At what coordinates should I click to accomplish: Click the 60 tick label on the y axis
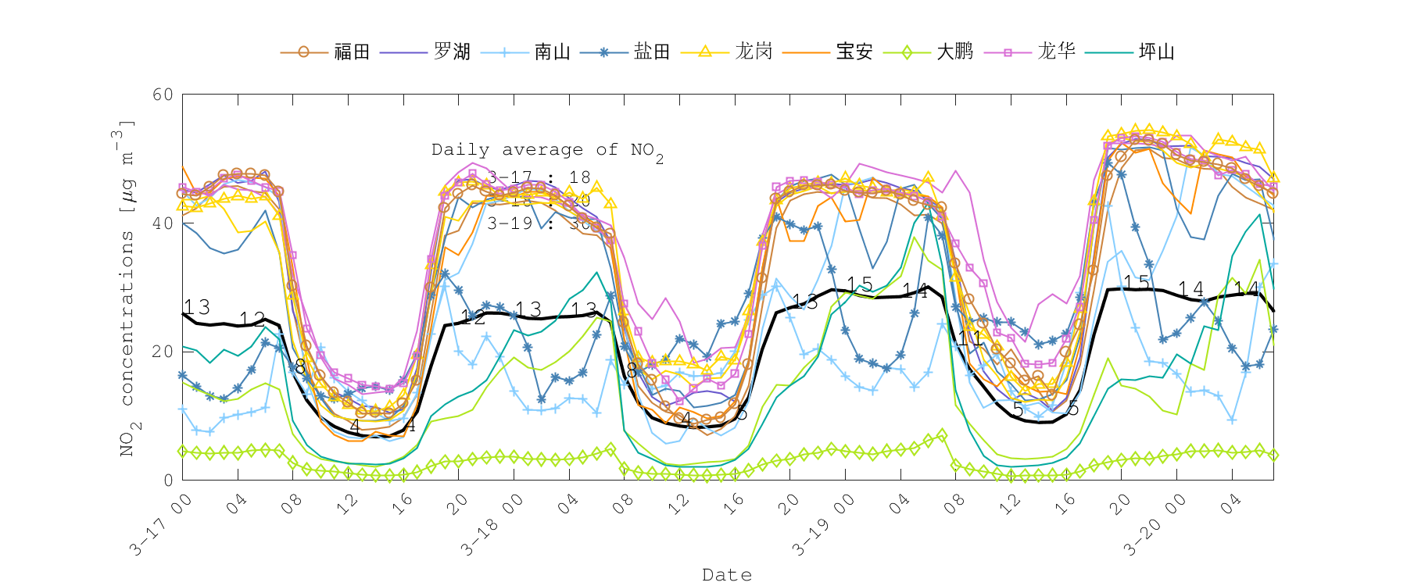(163, 95)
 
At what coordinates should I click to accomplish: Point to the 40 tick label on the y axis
(163, 223)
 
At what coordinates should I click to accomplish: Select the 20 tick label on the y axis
(163, 352)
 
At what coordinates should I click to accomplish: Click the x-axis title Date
(727, 575)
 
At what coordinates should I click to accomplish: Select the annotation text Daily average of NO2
(547, 150)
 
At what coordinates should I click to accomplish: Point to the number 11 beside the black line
(970, 338)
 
